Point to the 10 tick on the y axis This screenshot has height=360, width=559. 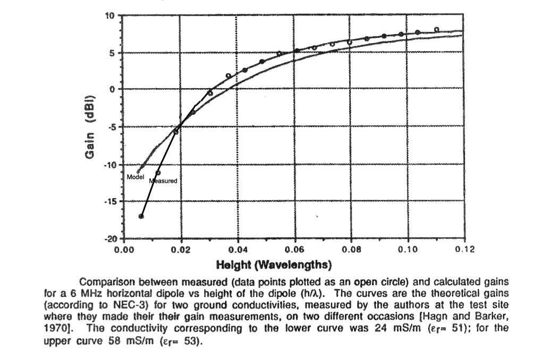coord(112,16)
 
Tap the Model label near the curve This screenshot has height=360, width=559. coord(136,176)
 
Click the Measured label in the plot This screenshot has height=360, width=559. coord(163,181)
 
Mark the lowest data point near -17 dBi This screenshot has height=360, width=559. coord(141,216)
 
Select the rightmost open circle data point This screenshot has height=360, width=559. coord(437,30)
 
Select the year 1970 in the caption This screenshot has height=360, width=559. coord(54,328)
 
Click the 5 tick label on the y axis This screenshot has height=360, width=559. coord(113,53)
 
